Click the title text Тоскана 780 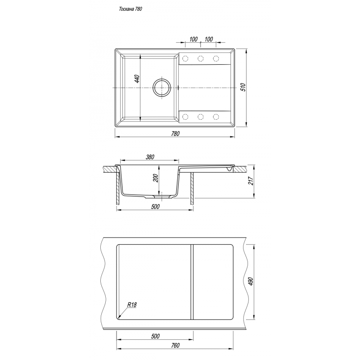130,9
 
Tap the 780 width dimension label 175,134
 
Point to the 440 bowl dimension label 137,79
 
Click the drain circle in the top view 162,88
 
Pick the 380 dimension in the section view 150,157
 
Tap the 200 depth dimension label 156,178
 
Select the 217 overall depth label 251,181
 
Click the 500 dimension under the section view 155,207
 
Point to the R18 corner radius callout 132,305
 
